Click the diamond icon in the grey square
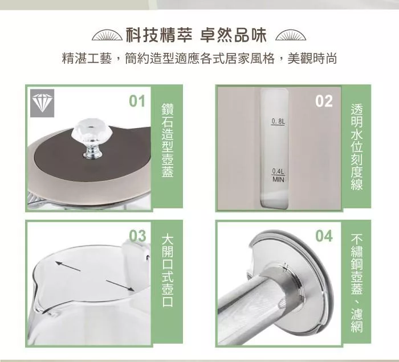pyautogui.click(x=42, y=103)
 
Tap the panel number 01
pyautogui.click(x=137, y=101)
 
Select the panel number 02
pyautogui.click(x=324, y=101)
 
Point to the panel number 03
pyautogui.click(x=138, y=236)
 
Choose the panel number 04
pyautogui.click(x=324, y=236)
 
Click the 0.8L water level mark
pyautogui.click(x=278, y=122)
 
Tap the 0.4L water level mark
pyautogui.click(x=278, y=171)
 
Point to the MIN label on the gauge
pyautogui.click(x=278, y=180)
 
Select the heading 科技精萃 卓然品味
pyautogui.click(x=196, y=35)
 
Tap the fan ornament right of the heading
pyautogui.click(x=291, y=36)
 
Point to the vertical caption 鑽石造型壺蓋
pyautogui.click(x=168, y=140)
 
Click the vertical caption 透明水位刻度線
pyautogui.click(x=357, y=147)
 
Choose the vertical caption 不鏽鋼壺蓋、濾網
pyautogui.click(x=357, y=283)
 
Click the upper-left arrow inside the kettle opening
pyautogui.click(x=68, y=266)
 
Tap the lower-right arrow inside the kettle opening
pyautogui.click(x=120, y=286)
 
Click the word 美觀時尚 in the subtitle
pyautogui.click(x=312, y=59)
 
